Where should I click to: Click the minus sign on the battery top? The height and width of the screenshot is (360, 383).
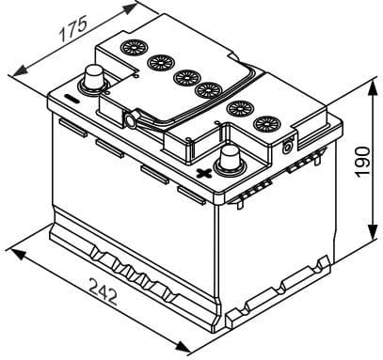71,98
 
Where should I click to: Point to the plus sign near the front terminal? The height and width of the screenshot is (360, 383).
200,173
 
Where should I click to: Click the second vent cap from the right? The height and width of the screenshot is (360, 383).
239,107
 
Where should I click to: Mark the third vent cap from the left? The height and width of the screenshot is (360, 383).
184,75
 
